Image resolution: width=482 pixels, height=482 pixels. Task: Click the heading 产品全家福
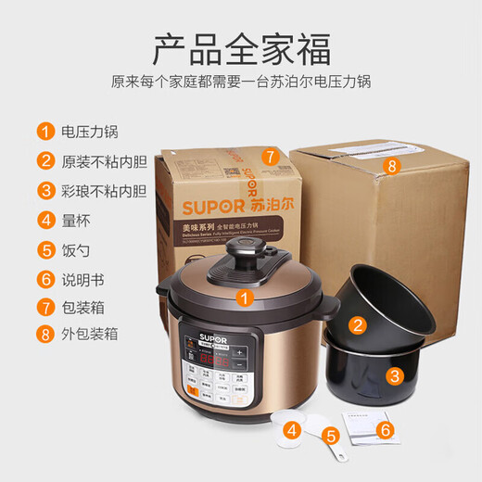(x=241, y=46)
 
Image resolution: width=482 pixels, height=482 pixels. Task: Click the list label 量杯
(x=75, y=220)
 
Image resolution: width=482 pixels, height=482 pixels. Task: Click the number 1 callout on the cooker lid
(x=244, y=298)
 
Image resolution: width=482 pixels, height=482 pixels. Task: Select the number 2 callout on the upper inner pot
(x=358, y=323)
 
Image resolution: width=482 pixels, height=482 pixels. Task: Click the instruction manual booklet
(x=358, y=427)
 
